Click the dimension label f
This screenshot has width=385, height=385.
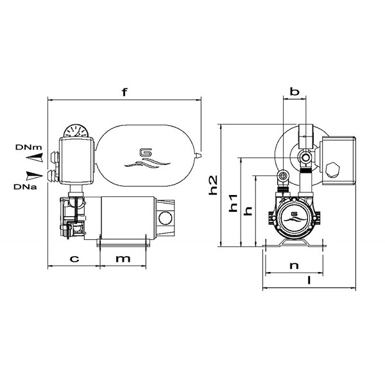124,92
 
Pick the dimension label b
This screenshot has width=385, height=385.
295,92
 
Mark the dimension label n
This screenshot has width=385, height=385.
295,264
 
